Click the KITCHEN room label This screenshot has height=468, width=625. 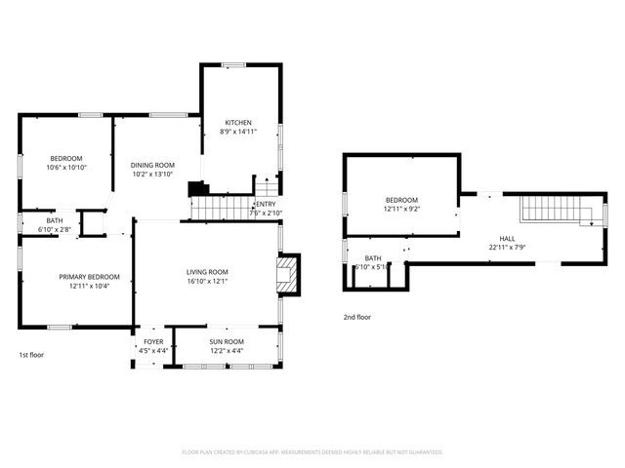pyautogui.click(x=238, y=123)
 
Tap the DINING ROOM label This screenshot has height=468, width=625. pyautogui.click(x=152, y=165)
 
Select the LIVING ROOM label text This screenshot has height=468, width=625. pyautogui.click(x=207, y=272)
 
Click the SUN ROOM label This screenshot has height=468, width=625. pyautogui.click(x=226, y=341)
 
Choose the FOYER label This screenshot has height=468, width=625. pyautogui.click(x=153, y=341)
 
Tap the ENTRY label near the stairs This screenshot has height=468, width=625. pyautogui.click(x=267, y=204)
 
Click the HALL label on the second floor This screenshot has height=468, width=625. pyautogui.click(x=507, y=238)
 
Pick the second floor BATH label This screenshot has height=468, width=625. pyautogui.click(x=372, y=257)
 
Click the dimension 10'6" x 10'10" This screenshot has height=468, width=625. pyautogui.click(x=67, y=168)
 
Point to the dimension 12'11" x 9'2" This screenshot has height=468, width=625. pyautogui.click(x=400, y=209)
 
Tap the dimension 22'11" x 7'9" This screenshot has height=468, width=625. pyautogui.click(x=507, y=247)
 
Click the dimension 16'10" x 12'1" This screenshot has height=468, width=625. pyautogui.click(x=207, y=282)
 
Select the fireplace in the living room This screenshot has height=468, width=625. pyautogui.click(x=289, y=275)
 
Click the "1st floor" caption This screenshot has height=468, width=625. pyautogui.click(x=31, y=355)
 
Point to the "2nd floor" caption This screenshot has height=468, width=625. pyautogui.click(x=356, y=317)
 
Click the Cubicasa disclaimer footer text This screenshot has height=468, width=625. pyautogui.click(x=312, y=452)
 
